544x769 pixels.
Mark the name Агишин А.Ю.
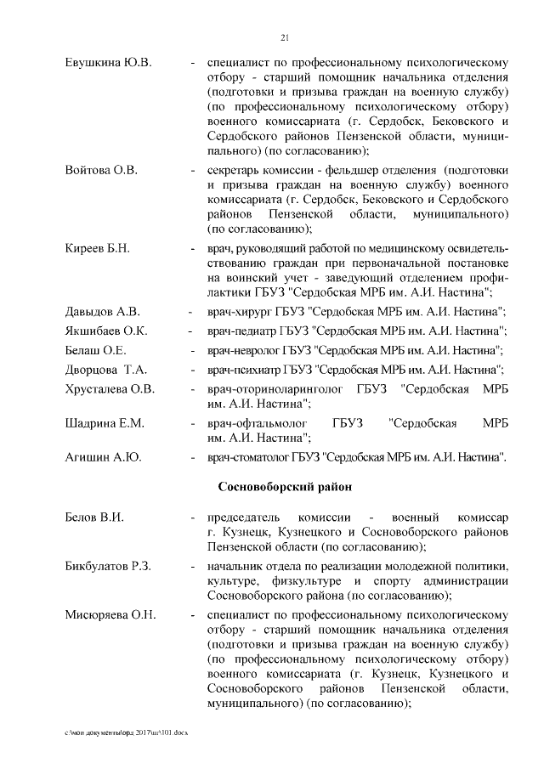[x=103, y=458]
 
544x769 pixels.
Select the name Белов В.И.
[x=95, y=517]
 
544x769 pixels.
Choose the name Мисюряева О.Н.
[x=110, y=615]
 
